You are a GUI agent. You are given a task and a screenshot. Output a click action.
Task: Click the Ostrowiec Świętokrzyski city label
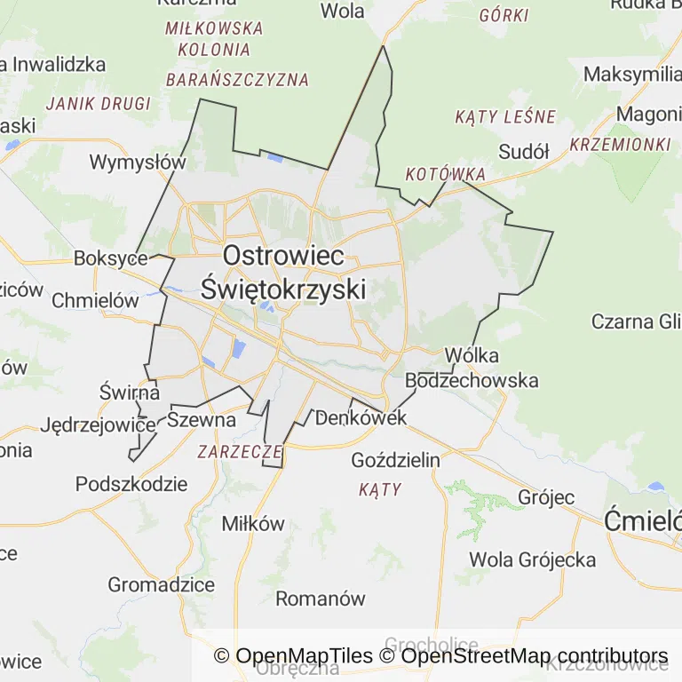click(x=283, y=272)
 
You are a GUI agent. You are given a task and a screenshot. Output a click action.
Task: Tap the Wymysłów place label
click(x=138, y=163)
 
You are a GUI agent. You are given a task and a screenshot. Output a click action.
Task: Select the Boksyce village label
click(x=110, y=258)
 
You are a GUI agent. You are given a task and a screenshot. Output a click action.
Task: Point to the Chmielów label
click(x=95, y=300)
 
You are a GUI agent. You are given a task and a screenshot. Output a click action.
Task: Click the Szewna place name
click(x=202, y=420)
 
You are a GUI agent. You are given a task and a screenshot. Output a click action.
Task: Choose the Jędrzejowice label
click(x=98, y=424)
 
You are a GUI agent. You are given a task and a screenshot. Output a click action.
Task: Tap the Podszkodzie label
click(x=131, y=484)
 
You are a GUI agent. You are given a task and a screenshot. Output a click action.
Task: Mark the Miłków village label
click(x=253, y=523)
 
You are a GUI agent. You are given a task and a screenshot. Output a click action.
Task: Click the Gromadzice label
click(x=161, y=584)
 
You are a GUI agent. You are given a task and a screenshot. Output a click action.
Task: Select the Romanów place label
click(x=320, y=599)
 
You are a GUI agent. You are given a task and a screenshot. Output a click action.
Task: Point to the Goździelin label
click(x=395, y=460)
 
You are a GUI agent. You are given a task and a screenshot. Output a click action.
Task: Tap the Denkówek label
click(x=361, y=417)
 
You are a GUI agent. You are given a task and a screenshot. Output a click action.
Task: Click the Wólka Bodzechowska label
click(x=472, y=368)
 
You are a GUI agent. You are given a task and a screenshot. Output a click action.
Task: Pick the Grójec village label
click(x=546, y=497)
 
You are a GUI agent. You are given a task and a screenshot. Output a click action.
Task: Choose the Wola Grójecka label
click(x=532, y=559)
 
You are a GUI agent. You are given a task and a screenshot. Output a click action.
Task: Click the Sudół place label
click(x=524, y=151)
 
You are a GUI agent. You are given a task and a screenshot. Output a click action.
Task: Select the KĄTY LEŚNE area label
click(x=504, y=116)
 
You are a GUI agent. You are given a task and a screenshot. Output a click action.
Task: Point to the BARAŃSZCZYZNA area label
click(x=237, y=80)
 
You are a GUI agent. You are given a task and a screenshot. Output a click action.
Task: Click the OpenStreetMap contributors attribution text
click(x=534, y=656)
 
